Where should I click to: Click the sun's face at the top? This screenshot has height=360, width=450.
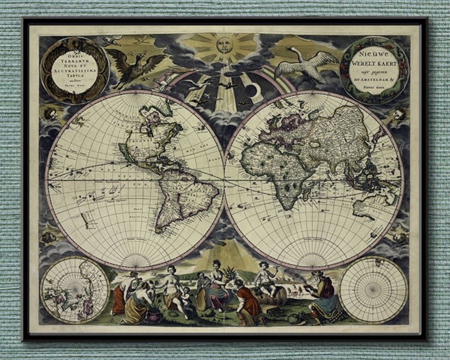pyautogui.click(x=225, y=45)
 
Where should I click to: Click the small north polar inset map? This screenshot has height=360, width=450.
pyautogui.click(x=75, y=289)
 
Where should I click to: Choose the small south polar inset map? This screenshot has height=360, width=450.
pyautogui.click(x=373, y=290)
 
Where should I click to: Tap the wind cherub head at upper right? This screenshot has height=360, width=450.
pyautogui.click(x=400, y=114)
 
